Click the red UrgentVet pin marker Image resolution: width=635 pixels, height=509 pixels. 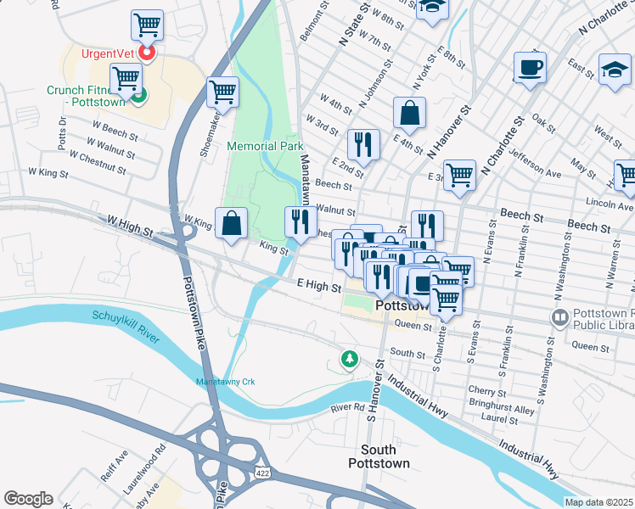click(x=147, y=53)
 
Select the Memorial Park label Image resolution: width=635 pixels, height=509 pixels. click(x=265, y=146)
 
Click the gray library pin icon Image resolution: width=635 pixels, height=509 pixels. click(x=560, y=319)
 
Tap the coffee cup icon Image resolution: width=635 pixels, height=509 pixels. click(x=530, y=68)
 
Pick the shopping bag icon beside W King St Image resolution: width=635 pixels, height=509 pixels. click(x=232, y=224)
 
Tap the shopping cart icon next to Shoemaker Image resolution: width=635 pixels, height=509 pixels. click(x=222, y=92)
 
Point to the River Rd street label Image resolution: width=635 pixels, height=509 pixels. click(x=347, y=409)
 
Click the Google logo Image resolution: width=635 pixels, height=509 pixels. click(x=28, y=499)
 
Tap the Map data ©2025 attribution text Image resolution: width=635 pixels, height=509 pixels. click(x=598, y=502)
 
